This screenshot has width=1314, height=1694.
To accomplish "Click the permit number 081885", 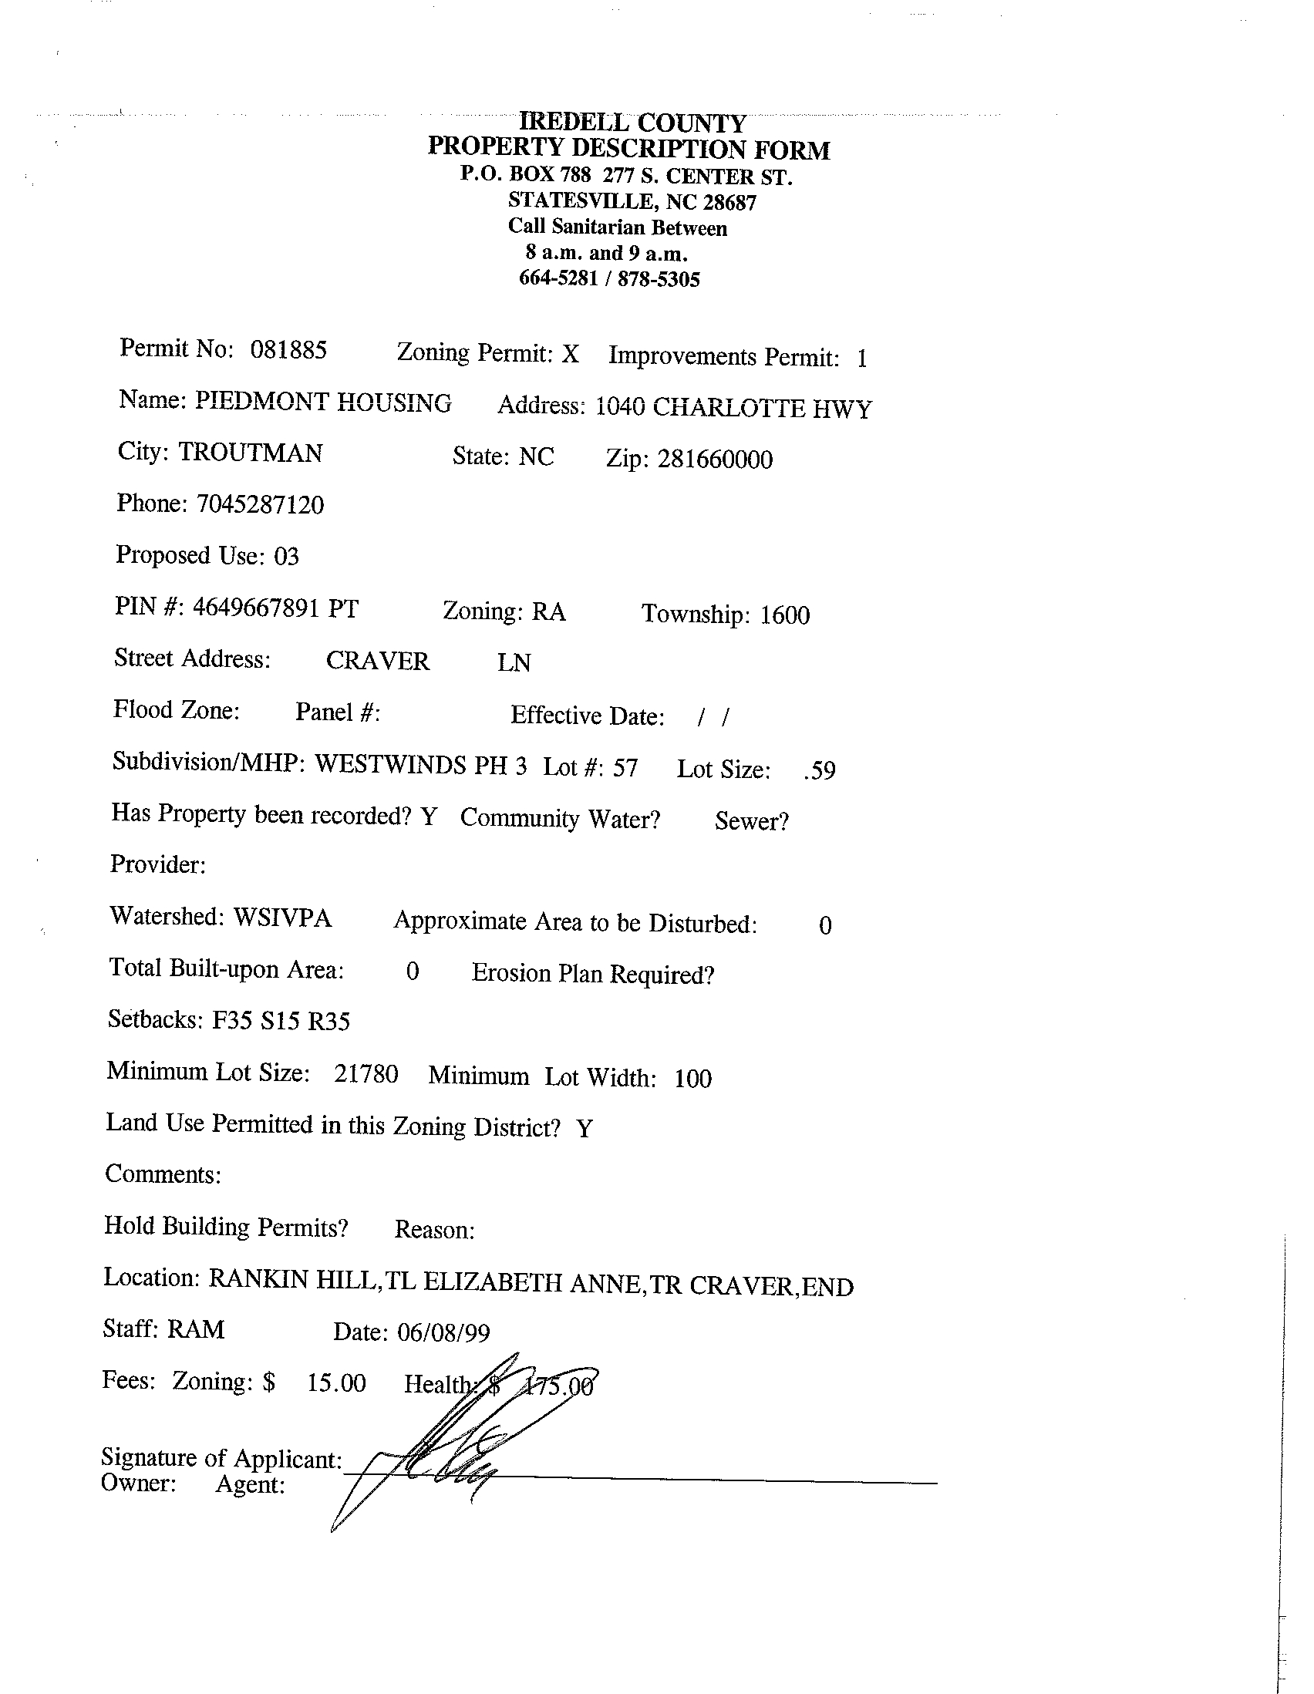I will (288, 350).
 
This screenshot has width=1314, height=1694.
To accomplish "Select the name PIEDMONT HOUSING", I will (322, 402).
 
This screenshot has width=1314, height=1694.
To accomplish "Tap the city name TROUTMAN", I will (251, 452).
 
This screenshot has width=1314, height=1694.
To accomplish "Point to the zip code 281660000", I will (714, 460).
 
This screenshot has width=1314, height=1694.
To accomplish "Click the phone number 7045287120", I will (260, 504).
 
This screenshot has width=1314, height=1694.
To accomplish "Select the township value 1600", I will (784, 615).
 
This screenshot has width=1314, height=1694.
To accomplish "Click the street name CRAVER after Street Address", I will (377, 661).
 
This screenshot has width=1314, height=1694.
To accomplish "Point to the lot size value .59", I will (820, 771).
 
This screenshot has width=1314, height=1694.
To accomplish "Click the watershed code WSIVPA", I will (282, 918).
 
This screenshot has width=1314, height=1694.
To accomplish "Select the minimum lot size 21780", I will (366, 1074).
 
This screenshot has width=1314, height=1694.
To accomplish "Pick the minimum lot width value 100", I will (692, 1079).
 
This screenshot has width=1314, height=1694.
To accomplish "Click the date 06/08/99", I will (443, 1332).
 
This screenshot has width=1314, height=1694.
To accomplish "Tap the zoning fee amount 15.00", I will (336, 1382).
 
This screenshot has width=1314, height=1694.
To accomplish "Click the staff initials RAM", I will (195, 1329).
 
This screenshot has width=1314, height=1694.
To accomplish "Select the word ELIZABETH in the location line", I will (493, 1282).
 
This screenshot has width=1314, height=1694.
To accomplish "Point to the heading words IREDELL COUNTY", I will (632, 123).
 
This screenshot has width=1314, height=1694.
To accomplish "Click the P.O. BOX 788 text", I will (525, 174).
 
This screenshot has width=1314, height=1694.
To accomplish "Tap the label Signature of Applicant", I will (221, 1458).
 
